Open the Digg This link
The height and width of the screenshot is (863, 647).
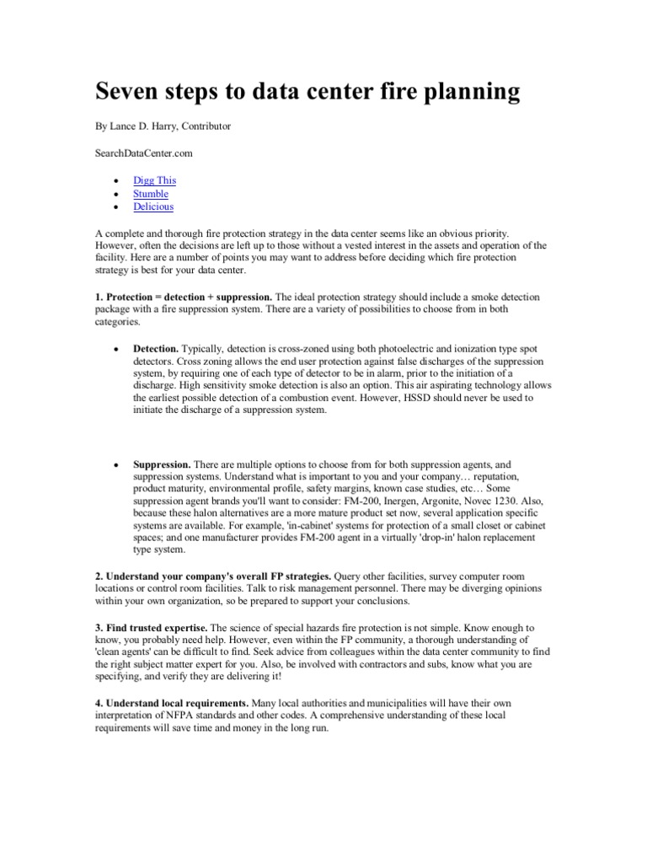[x=154, y=180]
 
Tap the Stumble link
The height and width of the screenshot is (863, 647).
[x=151, y=194]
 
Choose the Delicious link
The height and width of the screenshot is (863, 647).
[x=153, y=206]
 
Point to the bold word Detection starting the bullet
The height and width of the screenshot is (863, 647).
[x=156, y=348]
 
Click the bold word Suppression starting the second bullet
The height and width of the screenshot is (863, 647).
[x=162, y=464]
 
